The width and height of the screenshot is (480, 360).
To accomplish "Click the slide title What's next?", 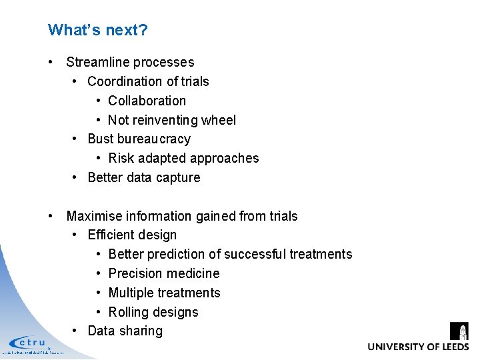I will click(97, 30).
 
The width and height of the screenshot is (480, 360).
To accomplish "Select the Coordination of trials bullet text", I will click(148, 81).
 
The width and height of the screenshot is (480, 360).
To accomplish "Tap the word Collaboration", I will click(147, 101).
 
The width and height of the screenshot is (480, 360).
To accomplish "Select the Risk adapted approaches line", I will click(183, 158).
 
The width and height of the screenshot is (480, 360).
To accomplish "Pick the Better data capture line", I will click(144, 177).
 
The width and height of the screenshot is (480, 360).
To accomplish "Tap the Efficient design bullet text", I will click(132, 235).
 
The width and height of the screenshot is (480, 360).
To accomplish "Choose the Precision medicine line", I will click(163, 273).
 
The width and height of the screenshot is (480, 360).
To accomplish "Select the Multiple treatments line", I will click(164, 293).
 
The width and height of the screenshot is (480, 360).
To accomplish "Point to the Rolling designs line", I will click(153, 312).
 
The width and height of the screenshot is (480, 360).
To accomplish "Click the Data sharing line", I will click(125, 331).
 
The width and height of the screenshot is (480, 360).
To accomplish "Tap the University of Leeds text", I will click(418, 347).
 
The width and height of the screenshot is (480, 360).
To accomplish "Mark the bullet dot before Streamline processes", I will click(51, 62).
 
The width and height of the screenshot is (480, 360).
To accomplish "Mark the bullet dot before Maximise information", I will click(51, 216).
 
